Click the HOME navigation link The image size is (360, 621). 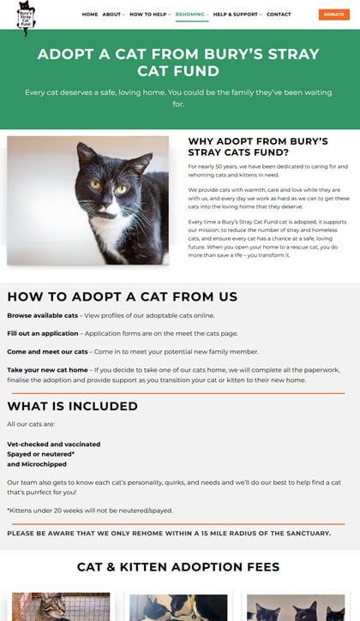click(90, 15)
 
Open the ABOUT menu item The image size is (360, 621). click(112, 15)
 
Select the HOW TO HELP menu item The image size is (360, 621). click(148, 15)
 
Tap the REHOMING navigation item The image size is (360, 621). click(191, 15)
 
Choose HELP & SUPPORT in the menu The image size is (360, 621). click(235, 15)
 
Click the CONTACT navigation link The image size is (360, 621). click(279, 15)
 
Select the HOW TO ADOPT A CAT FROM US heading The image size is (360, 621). click(123, 296)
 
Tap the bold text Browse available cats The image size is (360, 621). click(43, 315)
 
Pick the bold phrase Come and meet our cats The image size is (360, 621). click(47, 351)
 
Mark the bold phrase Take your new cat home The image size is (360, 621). click(48, 369)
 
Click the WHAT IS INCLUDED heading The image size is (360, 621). click(73, 406)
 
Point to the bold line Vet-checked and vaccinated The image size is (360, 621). click(53, 445)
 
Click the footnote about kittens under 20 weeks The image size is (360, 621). click(90, 511)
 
